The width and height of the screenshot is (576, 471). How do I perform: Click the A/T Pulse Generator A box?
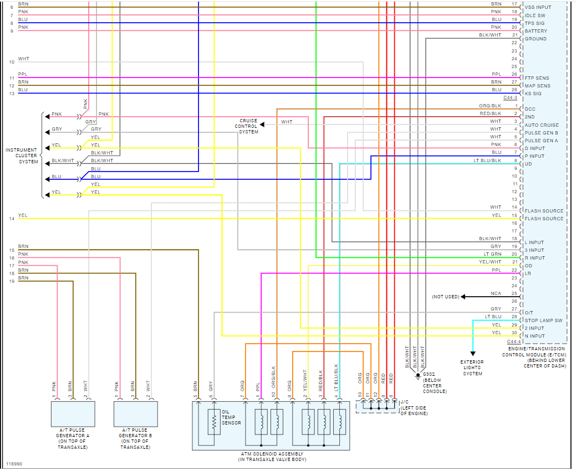73,413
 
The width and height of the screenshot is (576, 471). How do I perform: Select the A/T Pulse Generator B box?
135,413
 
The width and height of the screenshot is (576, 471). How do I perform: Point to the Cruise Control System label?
248,126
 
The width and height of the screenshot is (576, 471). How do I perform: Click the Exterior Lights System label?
472,368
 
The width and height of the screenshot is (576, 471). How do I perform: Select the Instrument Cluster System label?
22,156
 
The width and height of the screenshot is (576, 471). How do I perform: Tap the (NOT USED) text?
446,297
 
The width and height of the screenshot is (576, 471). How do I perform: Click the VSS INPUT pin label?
538,7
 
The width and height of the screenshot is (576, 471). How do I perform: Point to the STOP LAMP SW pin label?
543,320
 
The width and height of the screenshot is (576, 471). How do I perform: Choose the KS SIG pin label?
533,94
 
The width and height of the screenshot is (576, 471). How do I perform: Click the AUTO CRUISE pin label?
542,125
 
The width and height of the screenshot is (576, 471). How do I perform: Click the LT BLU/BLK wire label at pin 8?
487,161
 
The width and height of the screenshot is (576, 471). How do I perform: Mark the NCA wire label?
496,293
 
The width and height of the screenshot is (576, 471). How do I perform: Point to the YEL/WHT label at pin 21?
490,262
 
